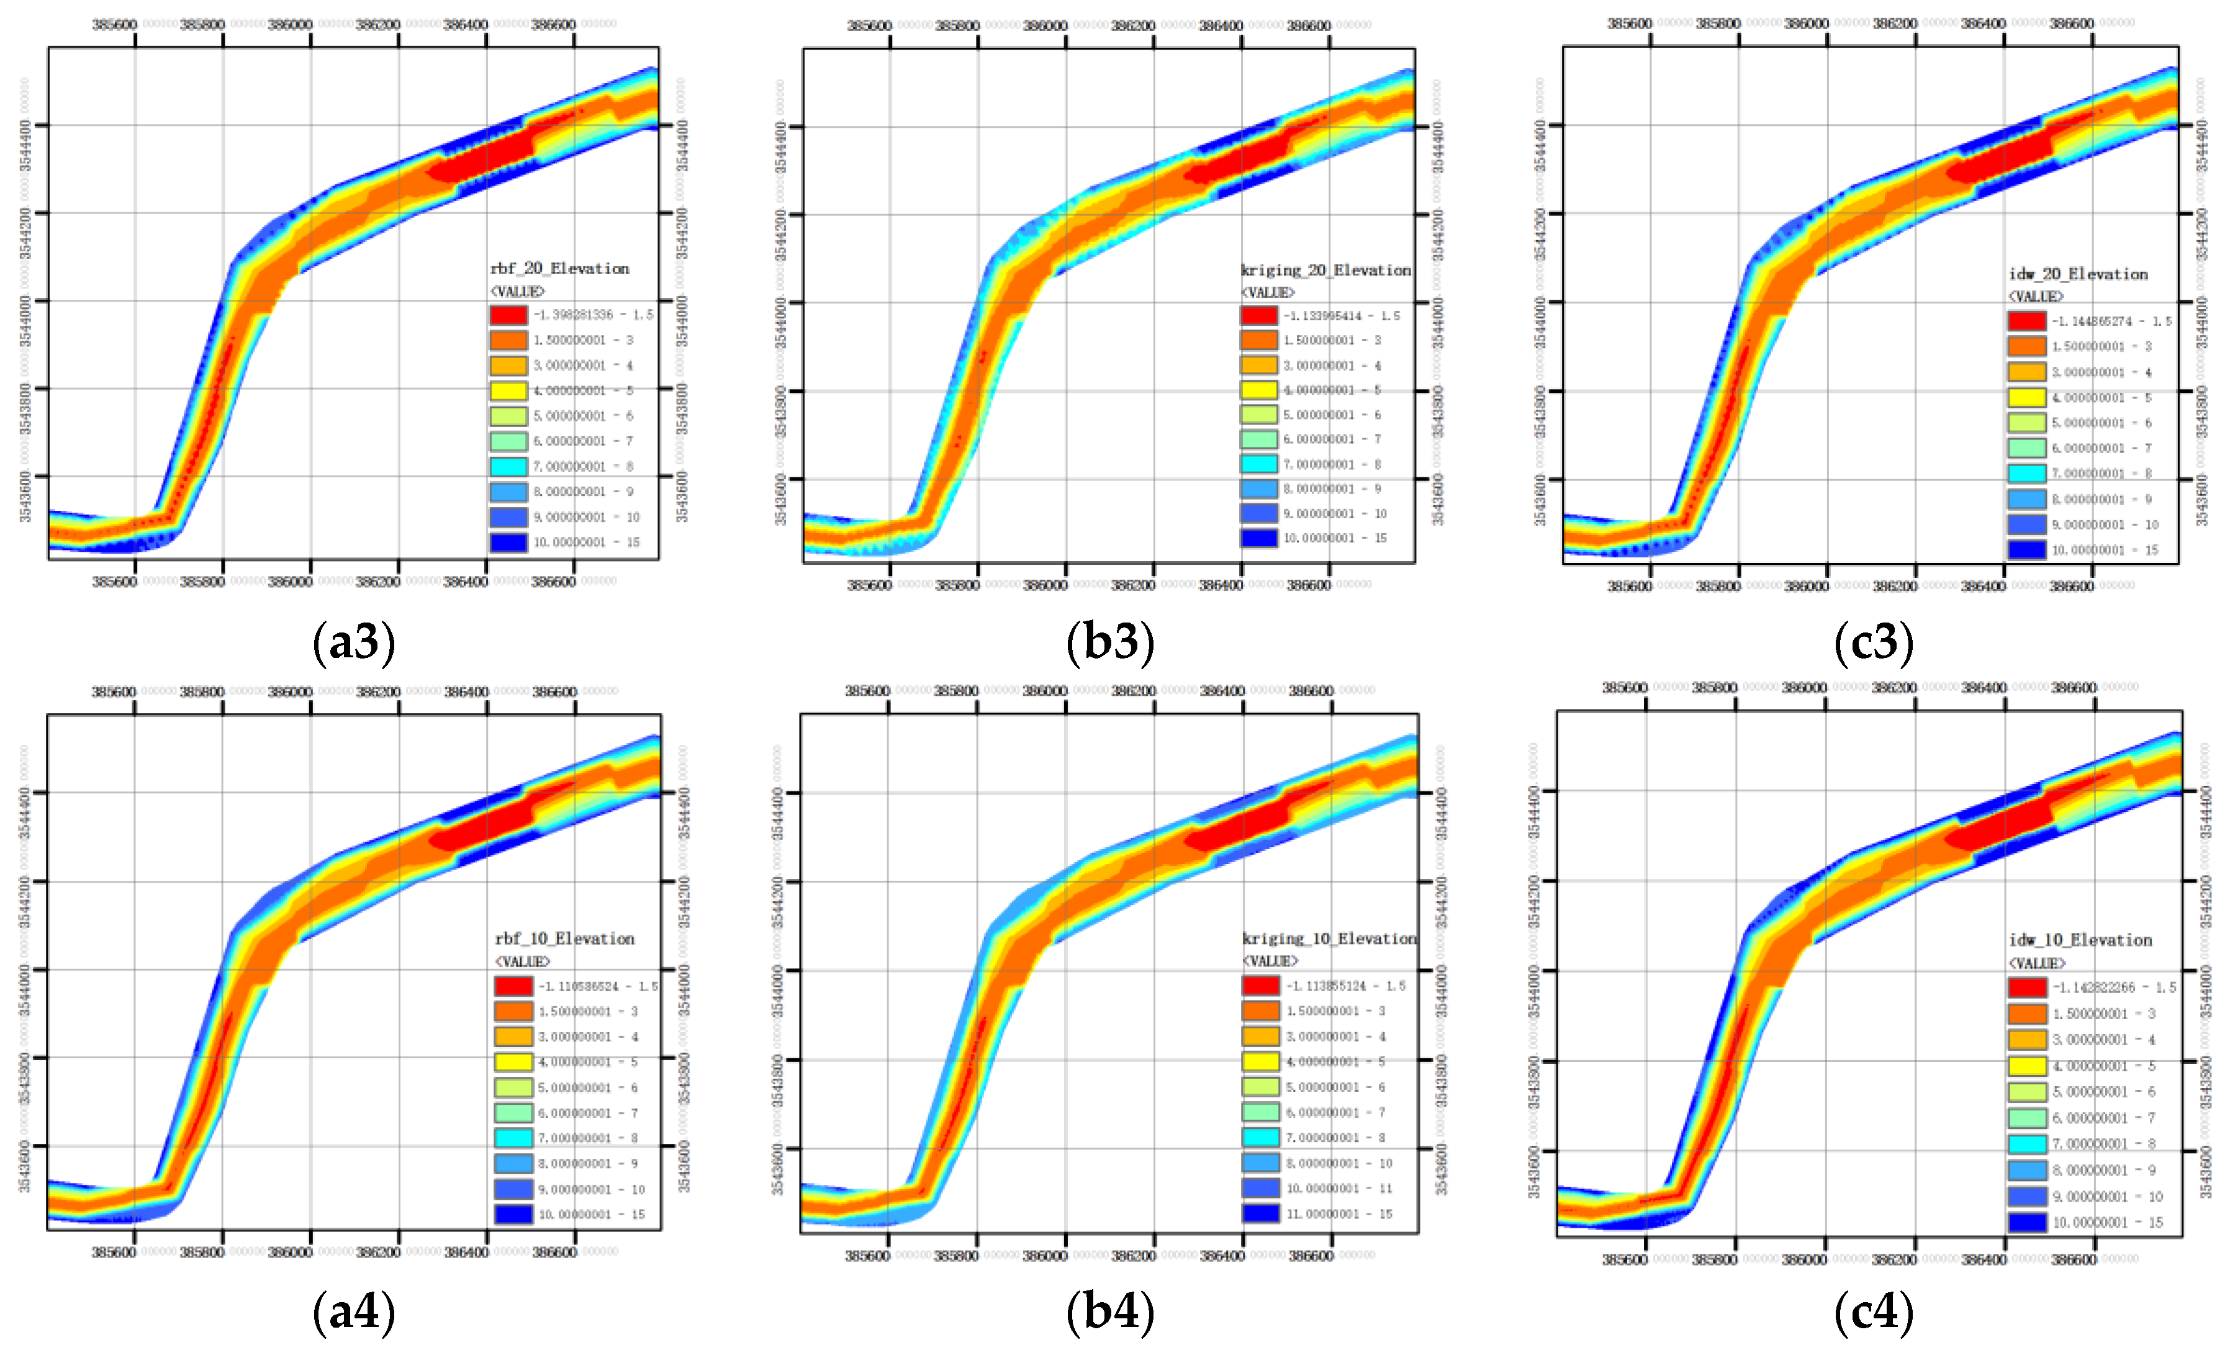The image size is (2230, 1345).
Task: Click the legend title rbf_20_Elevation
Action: pyautogui.click(x=559, y=269)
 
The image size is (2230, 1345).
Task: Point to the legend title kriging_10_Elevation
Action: pyautogui.click(x=1329, y=938)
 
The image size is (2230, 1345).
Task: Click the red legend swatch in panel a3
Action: pyautogui.click(x=508, y=315)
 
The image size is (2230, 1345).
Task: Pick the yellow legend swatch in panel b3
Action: pyautogui.click(x=1259, y=390)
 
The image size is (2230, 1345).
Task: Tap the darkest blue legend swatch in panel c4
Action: pyautogui.click(x=2027, y=1222)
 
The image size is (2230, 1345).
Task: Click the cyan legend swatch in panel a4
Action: pyautogui.click(x=513, y=1138)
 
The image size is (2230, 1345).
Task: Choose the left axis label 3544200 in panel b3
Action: pyautogui.click(x=780, y=233)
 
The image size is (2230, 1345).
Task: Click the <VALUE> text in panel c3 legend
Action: pyautogui.click(x=2036, y=297)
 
